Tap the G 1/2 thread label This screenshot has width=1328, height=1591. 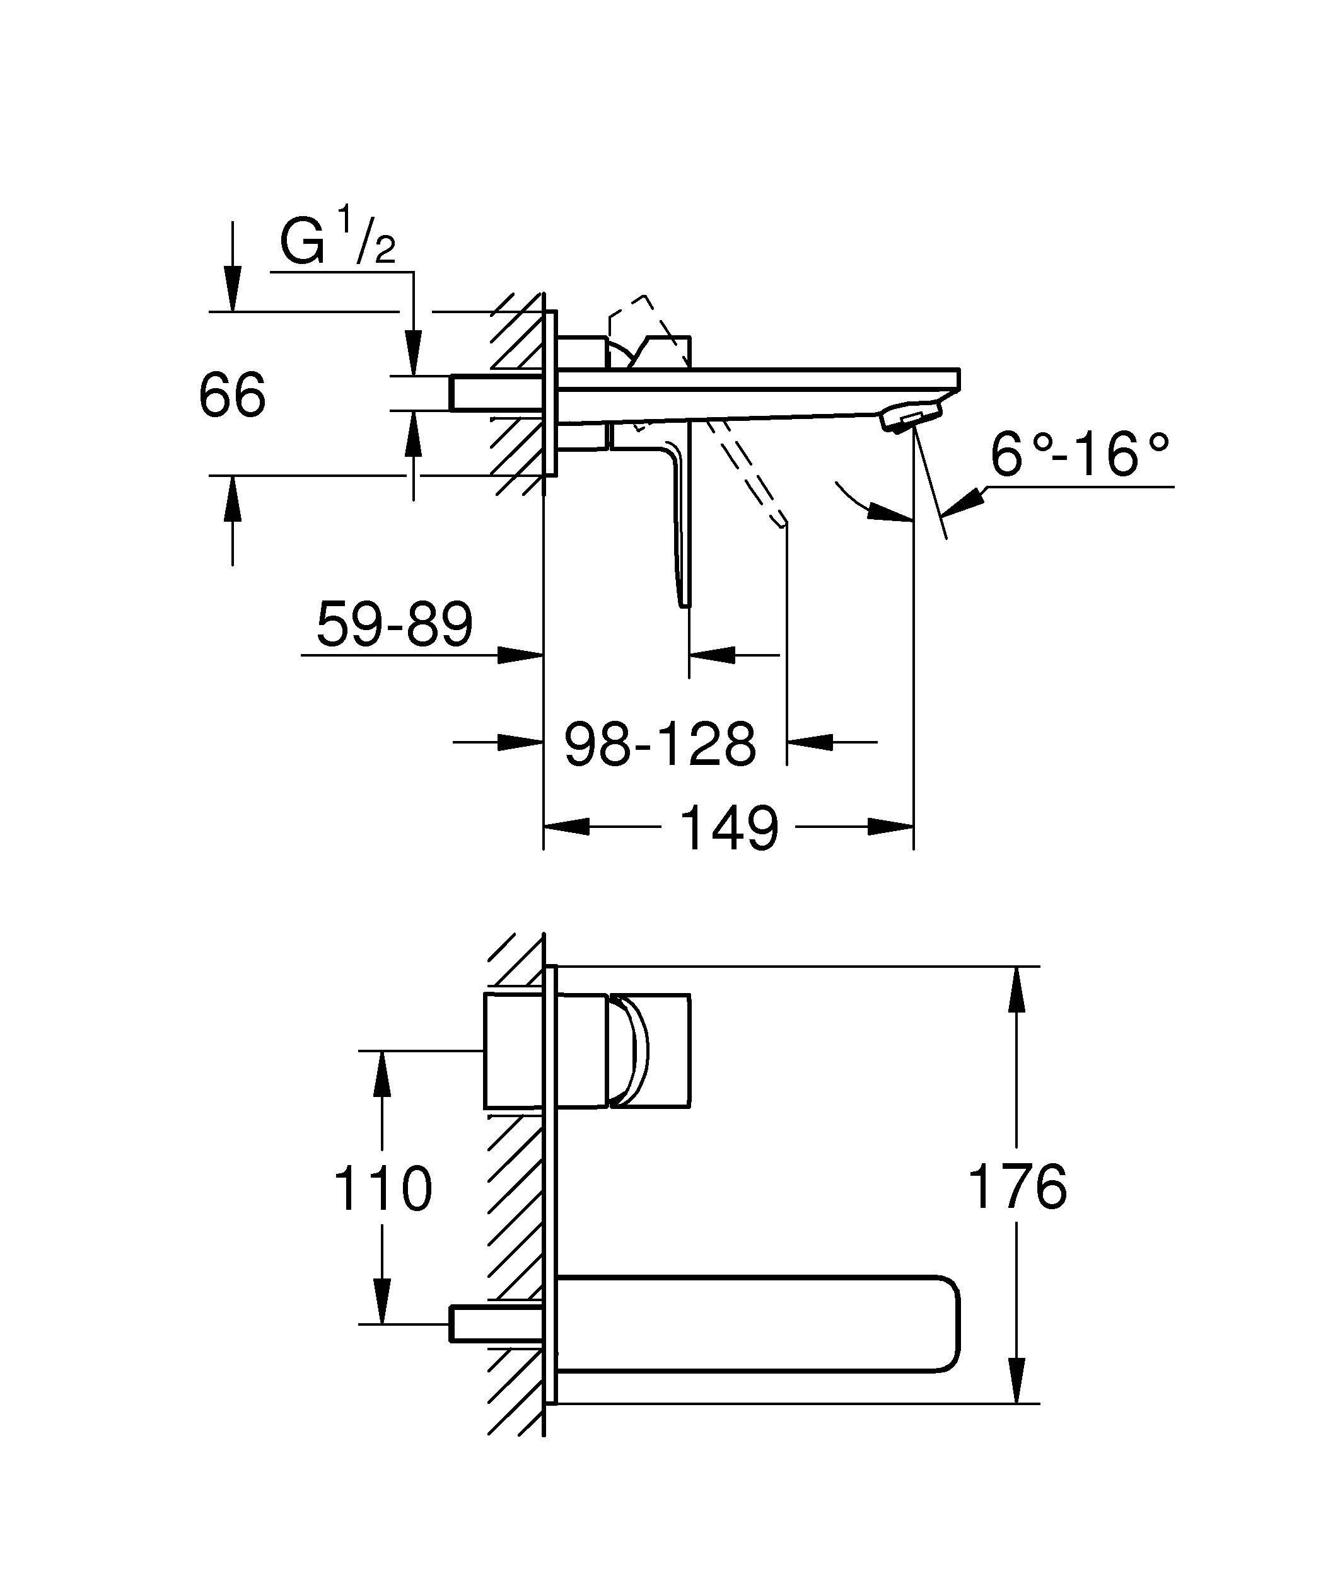(337, 241)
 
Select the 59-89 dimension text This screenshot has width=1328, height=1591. (394, 623)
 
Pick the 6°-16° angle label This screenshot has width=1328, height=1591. (1080, 456)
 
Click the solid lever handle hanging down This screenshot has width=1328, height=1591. (680, 523)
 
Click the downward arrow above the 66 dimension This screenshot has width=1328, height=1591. (233, 288)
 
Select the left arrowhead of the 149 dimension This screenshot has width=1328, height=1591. (567, 827)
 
